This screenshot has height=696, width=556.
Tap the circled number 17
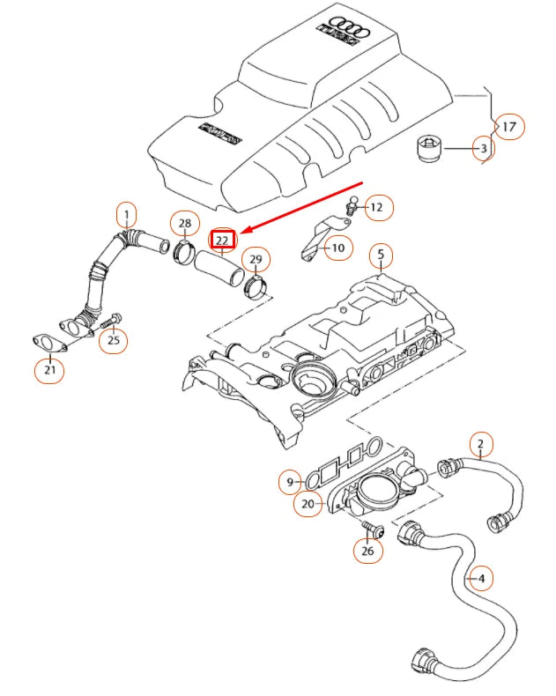[508, 127]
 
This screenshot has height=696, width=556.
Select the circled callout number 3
[482, 149]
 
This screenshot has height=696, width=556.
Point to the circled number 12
[377, 208]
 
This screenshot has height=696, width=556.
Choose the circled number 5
[381, 256]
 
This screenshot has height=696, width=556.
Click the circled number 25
[113, 339]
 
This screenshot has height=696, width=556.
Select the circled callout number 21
[49, 371]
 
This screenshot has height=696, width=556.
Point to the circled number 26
[368, 552]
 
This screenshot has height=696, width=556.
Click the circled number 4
[479, 579]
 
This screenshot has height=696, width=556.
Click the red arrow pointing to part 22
[304, 208]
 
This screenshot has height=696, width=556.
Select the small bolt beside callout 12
[351, 208]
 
